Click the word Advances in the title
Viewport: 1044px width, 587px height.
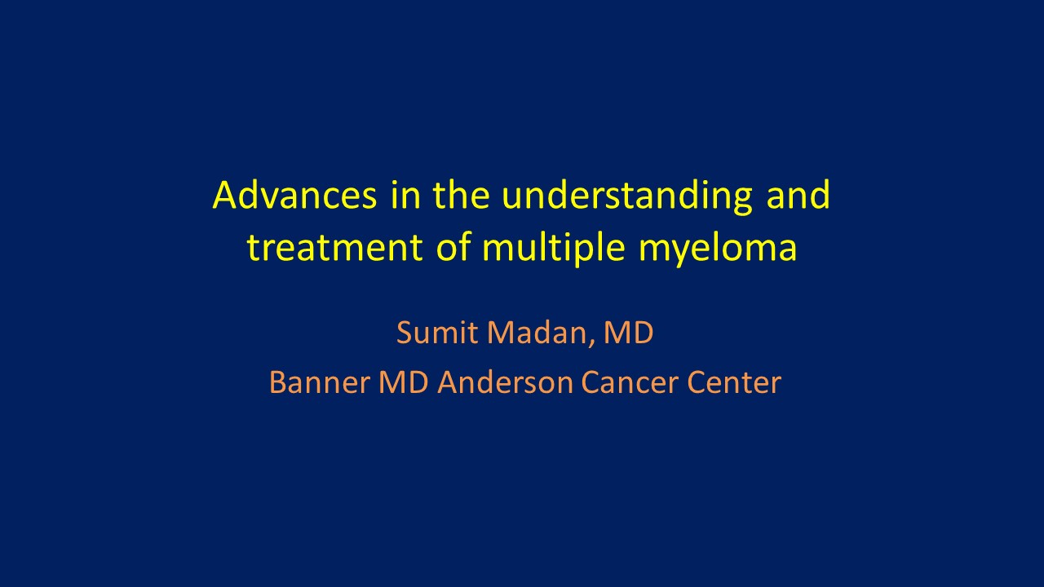[x=294, y=195]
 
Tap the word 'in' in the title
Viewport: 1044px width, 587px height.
[x=405, y=194]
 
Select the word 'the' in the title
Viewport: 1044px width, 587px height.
[x=461, y=194]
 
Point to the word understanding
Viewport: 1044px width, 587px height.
[x=627, y=197]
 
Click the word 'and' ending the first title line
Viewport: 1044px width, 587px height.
[x=798, y=194]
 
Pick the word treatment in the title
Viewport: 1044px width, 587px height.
[x=334, y=247]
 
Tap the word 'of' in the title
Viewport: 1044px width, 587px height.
[x=453, y=246]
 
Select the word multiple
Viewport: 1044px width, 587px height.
[x=553, y=249]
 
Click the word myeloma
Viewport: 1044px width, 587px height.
[x=717, y=249]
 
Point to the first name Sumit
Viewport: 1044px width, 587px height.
[x=436, y=333]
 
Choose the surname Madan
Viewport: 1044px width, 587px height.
[x=536, y=333]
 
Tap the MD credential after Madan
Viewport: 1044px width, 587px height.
[x=628, y=333]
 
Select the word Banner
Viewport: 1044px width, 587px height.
[x=320, y=382]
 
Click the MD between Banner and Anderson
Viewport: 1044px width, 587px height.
[x=403, y=382]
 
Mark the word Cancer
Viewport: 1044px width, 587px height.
[x=630, y=382]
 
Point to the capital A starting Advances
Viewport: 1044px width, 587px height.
[x=227, y=195]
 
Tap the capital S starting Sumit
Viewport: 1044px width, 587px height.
[x=405, y=333]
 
